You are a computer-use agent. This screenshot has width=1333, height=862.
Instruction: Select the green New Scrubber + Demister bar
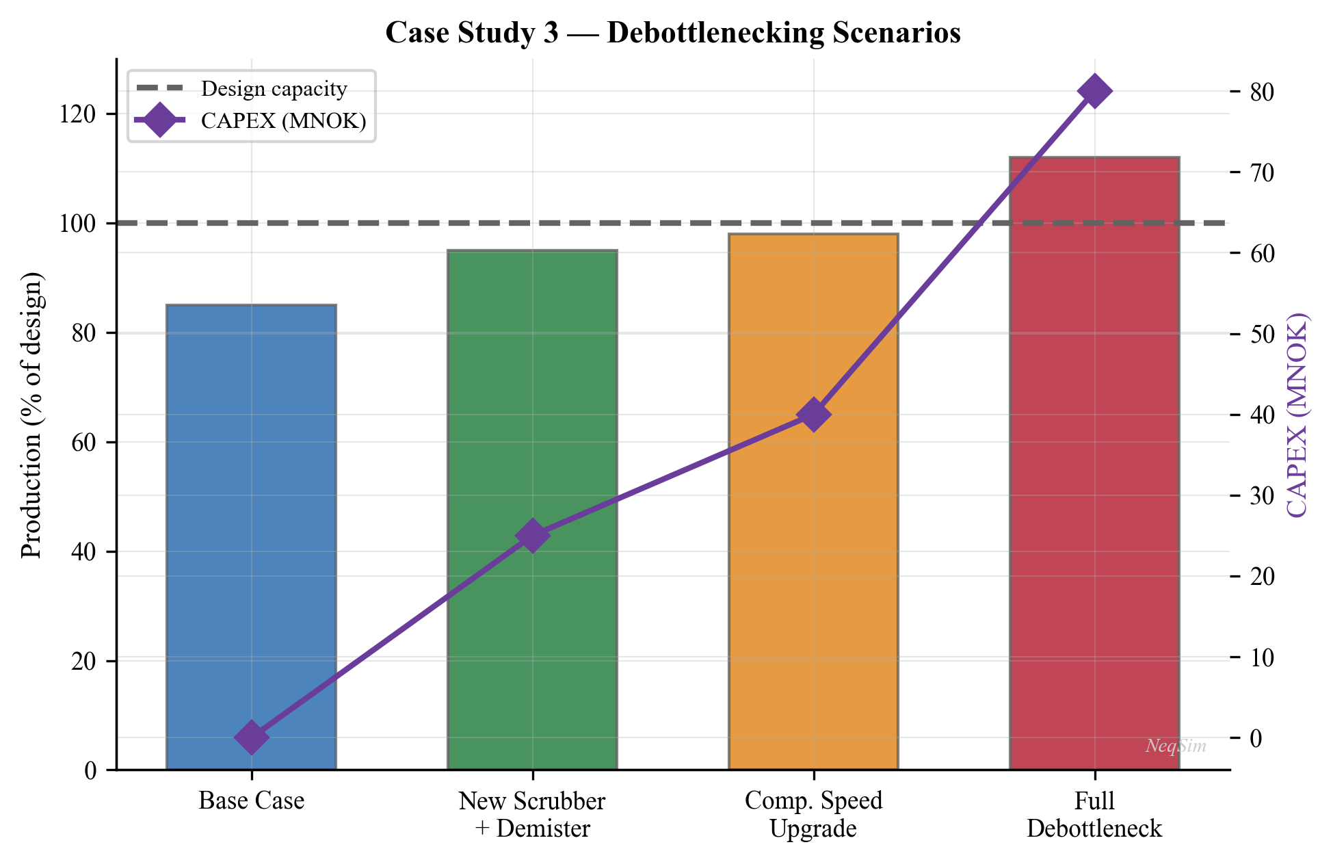pos(532,410)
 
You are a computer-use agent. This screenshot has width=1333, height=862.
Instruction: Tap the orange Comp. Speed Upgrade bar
pos(813,547)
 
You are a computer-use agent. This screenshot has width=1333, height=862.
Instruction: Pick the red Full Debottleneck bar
pos(1094,479)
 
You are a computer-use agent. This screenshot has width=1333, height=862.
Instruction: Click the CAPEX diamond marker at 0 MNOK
pos(251,737)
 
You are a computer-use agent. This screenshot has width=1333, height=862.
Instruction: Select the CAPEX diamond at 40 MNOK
pos(813,415)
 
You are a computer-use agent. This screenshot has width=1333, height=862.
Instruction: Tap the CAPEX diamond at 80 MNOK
pos(1094,91)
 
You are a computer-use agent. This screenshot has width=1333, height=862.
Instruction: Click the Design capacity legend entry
pos(274,89)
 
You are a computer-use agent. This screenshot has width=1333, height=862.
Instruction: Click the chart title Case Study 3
pos(673,33)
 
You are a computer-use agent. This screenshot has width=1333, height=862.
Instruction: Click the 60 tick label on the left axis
pos(85,443)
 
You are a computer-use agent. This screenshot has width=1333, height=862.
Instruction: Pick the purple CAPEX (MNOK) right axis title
pos(1297,415)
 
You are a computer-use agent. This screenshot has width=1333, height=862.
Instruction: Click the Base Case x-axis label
pos(251,800)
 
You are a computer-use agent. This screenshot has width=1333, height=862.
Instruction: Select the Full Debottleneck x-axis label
pos(1094,814)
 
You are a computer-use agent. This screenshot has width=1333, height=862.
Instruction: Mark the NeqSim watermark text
pos(1176,746)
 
